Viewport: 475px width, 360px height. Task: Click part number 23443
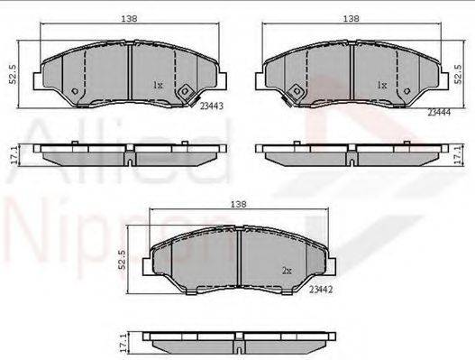pos(212,106)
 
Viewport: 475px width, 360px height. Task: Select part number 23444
pos(439,112)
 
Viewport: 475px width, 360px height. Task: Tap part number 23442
pos(321,290)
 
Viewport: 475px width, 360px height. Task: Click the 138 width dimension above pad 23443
pos(130,19)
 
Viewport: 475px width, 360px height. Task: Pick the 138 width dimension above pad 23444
pos(352,19)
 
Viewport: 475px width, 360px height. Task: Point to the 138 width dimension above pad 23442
pos(239,204)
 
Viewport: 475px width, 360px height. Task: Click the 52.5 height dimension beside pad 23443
pos(13,74)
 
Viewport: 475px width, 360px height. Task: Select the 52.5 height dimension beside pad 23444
pos(459,74)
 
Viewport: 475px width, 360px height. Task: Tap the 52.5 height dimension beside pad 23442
pos(122,260)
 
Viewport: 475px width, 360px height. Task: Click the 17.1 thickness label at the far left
pos(14,156)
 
